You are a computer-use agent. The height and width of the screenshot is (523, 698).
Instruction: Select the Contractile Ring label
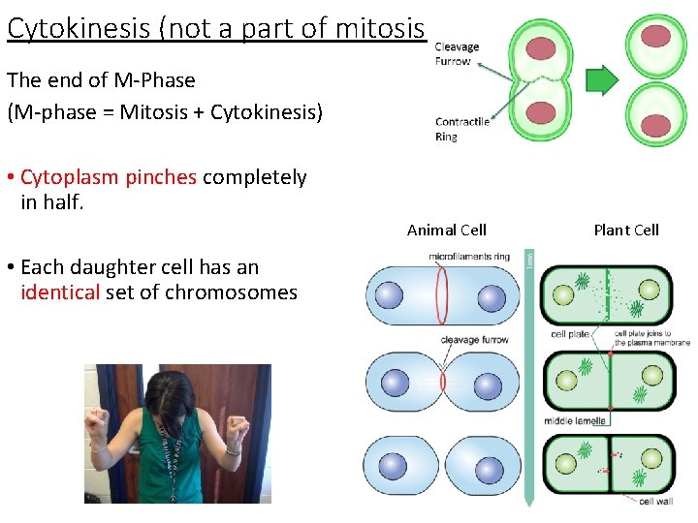pyautogui.click(x=462, y=129)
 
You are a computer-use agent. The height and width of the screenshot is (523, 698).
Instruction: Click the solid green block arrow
pyautogui.click(x=602, y=80)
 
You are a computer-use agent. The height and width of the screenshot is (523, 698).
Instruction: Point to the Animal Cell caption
pyautogui.click(x=446, y=230)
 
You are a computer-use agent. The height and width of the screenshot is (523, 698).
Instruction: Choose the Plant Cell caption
pyautogui.click(x=625, y=230)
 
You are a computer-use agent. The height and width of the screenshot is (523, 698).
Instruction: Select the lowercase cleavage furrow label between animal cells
pyautogui.click(x=474, y=340)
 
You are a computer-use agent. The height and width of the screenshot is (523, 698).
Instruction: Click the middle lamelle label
pyautogui.click(x=575, y=421)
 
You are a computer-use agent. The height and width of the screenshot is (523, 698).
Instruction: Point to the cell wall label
pyautogui.click(x=657, y=502)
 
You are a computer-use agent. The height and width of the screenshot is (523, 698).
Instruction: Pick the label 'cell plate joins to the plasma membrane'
pyautogui.click(x=652, y=338)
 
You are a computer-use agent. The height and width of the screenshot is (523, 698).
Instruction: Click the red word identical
pyautogui.click(x=60, y=292)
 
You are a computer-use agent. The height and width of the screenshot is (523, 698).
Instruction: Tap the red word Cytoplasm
pyautogui.click(x=65, y=177)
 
